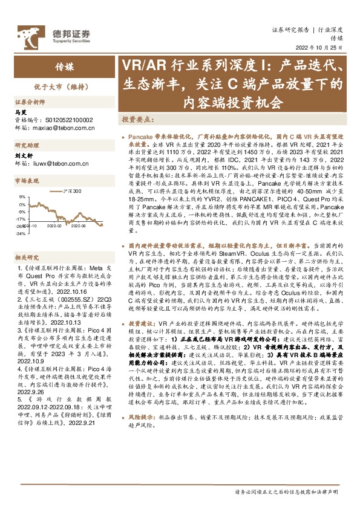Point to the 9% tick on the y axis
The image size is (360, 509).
coord(22,196)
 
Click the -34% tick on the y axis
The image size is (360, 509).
coord(20,233)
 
